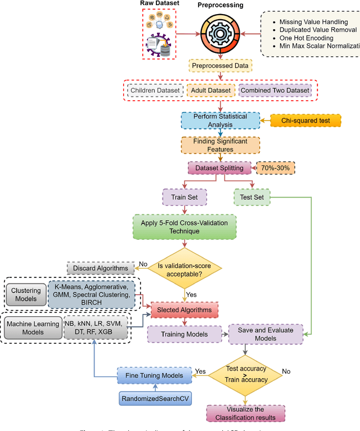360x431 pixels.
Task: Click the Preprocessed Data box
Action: click(x=220, y=66)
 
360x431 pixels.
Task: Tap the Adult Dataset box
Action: click(x=211, y=91)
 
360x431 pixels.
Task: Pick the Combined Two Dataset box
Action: click(x=274, y=91)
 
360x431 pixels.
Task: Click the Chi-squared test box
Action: click(x=307, y=120)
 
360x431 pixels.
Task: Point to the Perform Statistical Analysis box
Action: click(x=220, y=120)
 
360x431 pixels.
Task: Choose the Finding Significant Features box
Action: click(x=220, y=145)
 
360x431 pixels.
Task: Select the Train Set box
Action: click(x=184, y=197)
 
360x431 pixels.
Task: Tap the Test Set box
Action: click(x=251, y=197)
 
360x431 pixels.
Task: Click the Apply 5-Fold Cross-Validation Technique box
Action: click(x=184, y=227)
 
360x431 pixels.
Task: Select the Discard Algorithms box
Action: click(x=101, y=268)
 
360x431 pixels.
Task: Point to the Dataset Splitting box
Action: click(x=219, y=168)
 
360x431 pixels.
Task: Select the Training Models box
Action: click(x=184, y=334)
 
